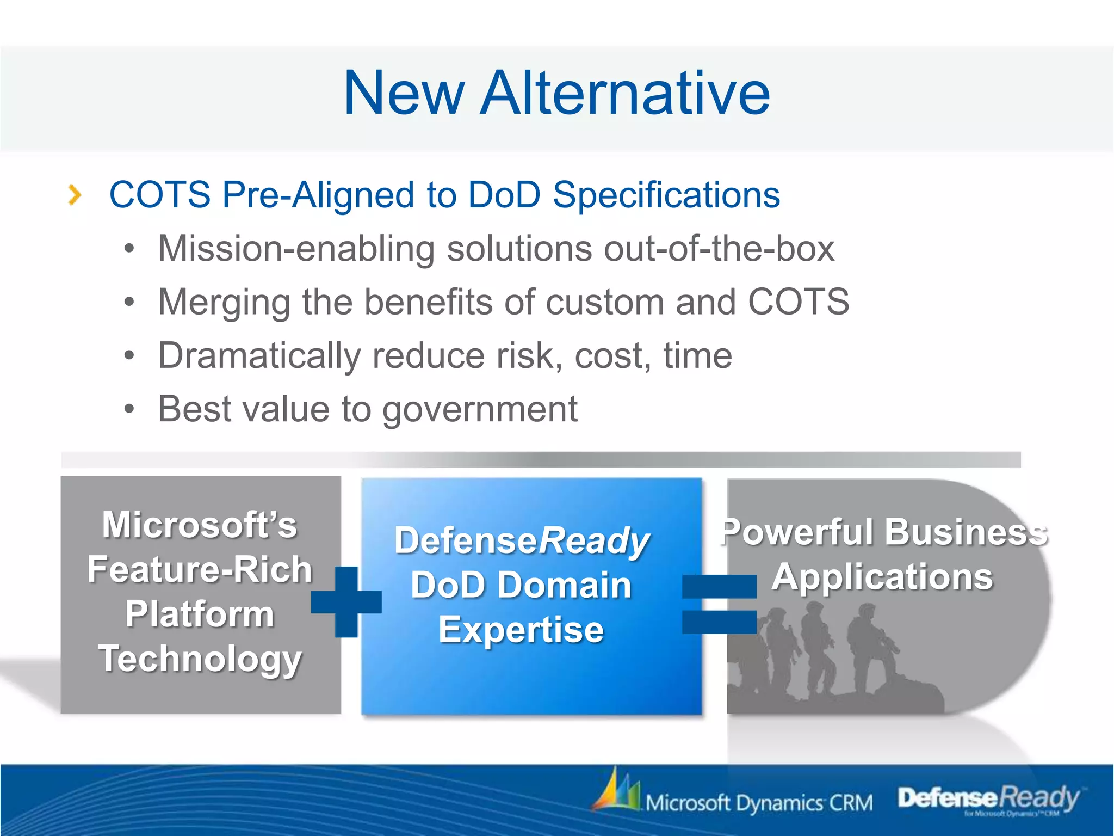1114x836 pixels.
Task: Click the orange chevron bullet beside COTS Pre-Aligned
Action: (75, 195)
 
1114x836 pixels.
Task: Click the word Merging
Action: (224, 303)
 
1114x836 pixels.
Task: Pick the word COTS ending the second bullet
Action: (798, 302)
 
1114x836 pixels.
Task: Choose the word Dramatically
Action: (259, 356)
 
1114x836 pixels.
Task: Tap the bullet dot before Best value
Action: (129, 409)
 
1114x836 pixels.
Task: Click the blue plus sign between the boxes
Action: (346, 601)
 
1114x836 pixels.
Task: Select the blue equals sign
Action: (719, 604)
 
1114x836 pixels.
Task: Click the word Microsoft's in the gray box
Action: (200, 525)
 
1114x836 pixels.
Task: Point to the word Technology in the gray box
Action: (200, 659)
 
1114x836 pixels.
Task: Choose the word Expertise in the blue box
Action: (521, 630)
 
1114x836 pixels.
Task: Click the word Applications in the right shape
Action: (882, 577)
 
